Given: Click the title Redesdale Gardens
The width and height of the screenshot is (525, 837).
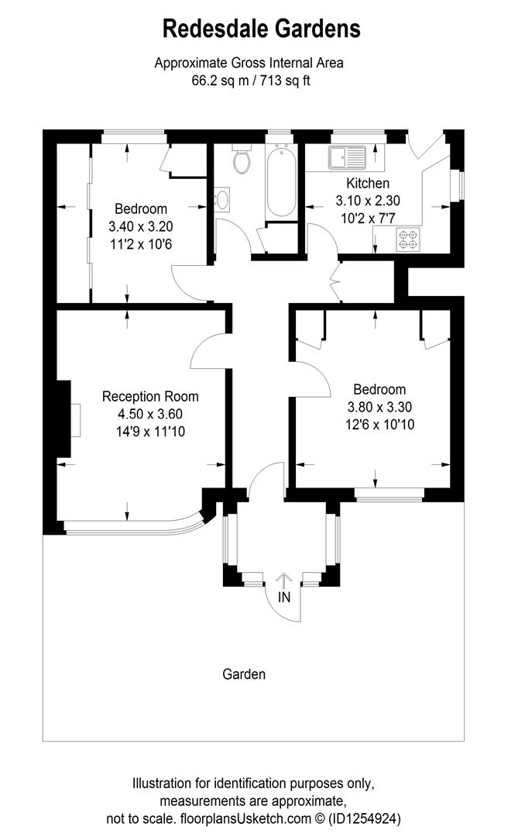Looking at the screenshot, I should point(262,29).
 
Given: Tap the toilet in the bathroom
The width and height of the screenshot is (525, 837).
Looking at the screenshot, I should point(242,160).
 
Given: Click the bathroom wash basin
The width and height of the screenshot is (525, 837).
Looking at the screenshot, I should point(221,200).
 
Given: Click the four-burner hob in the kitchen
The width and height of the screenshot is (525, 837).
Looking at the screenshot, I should point(407,239).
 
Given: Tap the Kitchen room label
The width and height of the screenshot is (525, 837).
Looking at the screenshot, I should point(367,184).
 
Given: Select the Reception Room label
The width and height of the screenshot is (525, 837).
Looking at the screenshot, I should point(150,396).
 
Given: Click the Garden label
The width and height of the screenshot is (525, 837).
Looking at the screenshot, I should point(244,674).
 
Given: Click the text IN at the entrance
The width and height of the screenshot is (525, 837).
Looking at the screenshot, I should point(284,598).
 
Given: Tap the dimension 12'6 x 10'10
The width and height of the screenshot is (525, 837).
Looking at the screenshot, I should point(379,424).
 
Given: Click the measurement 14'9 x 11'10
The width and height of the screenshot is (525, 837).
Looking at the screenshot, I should point(150,431).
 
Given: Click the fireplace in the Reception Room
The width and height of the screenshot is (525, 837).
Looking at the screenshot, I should point(74,418).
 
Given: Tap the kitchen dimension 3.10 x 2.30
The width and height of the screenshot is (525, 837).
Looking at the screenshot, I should point(367,200).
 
